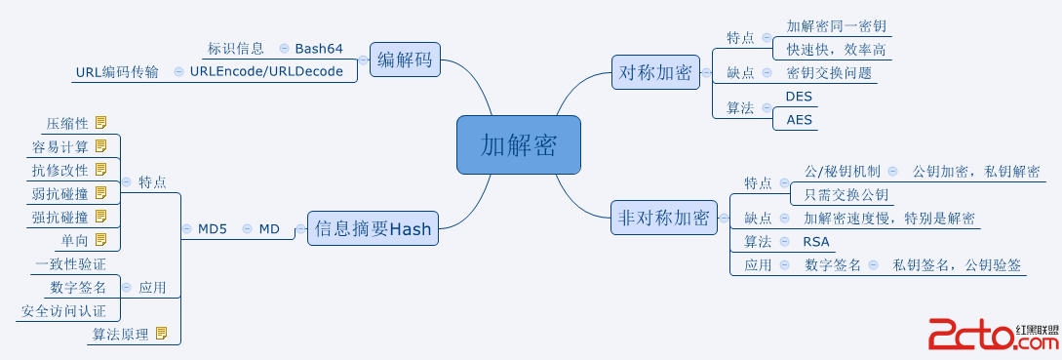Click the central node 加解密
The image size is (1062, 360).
[x=518, y=145]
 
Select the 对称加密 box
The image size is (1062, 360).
[x=654, y=72]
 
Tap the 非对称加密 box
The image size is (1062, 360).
[x=664, y=218]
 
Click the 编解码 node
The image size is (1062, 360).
[x=404, y=60]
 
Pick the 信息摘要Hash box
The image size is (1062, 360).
[x=372, y=229]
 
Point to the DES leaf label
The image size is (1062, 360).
[x=799, y=97]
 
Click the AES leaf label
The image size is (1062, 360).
[x=799, y=119]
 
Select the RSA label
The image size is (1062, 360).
[x=816, y=241]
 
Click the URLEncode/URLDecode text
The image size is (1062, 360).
[x=266, y=71]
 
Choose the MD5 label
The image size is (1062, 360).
[x=212, y=229]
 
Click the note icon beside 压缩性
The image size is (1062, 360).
[x=100, y=123]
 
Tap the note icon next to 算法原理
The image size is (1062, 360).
[x=161, y=334]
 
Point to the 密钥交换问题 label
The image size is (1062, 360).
[x=829, y=72]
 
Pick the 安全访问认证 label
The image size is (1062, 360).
[x=63, y=311]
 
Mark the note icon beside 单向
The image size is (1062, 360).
[x=100, y=239]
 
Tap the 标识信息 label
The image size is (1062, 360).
[x=236, y=48]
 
